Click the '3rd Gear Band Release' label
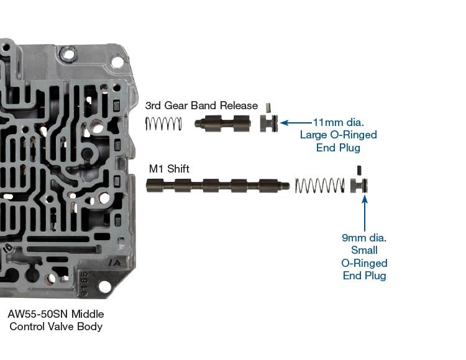click(201, 106)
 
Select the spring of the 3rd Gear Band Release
click(163, 124)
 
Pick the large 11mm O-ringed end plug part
click(268, 123)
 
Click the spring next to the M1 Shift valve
click(319, 185)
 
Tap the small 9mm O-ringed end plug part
click(360, 185)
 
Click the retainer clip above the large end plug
click(269, 107)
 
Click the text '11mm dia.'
click(339, 122)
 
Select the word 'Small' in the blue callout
click(365, 250)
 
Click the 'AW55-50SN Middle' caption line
click(57, 314)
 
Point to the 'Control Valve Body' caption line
click(57, 326)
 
